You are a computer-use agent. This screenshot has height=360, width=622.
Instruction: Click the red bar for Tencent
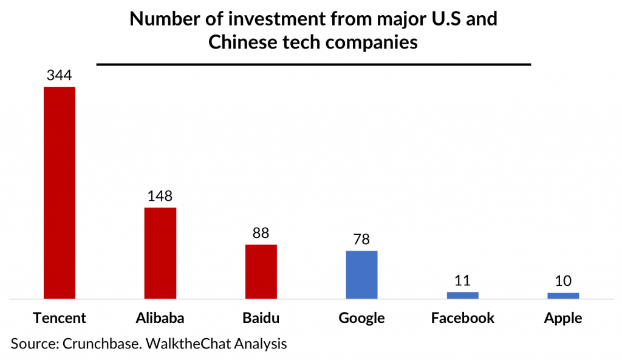(59, 192)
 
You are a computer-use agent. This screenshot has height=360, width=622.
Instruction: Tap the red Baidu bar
(261, 271)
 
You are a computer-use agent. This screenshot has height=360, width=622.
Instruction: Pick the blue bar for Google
(361, 274)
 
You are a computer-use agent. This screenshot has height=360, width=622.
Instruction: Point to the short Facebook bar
(462, 295)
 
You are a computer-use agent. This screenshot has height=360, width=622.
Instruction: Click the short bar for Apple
(563, 296)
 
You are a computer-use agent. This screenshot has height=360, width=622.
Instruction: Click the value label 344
(59, 76)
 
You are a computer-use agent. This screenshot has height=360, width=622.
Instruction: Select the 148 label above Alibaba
(160, 197)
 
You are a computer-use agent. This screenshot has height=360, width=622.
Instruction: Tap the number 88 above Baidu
(261, 233)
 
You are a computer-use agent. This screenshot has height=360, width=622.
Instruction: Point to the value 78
(361, 239)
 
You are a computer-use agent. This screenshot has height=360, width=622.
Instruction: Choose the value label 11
(462, 280)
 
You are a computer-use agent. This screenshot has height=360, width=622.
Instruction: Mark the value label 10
(563, 281)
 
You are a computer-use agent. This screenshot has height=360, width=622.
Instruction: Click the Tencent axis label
(60, 318)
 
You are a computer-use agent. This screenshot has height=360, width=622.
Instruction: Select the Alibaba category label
(160, 318)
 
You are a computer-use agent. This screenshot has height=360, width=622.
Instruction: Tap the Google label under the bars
(361, 319)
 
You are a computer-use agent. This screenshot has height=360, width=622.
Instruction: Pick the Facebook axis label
(462, 318)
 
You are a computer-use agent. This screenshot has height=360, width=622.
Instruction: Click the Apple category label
(563, 319)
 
